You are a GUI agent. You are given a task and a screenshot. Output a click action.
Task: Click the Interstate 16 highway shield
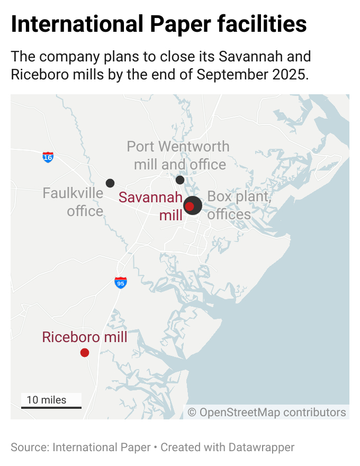pos(48,157)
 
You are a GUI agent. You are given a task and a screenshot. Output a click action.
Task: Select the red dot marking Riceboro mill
pos(84,353)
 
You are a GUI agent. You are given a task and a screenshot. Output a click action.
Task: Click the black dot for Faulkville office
pos(110,183)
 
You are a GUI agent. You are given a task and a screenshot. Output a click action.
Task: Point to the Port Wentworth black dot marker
pos(180,180)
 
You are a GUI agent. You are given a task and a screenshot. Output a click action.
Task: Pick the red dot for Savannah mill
pos(190,206)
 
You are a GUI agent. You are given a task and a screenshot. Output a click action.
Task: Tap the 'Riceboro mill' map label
pos(85,337)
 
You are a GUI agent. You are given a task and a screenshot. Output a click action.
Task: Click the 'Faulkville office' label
pos(73,202)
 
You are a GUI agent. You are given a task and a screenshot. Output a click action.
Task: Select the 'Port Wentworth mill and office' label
pos(179,155)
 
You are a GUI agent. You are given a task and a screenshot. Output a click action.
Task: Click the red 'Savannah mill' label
pos(151,206)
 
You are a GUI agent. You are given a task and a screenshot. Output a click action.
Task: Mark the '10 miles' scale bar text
pos(47,400)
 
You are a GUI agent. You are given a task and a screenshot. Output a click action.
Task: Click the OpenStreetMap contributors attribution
pos(267,412)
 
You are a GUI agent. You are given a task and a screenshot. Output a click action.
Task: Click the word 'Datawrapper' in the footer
pos(262,447)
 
